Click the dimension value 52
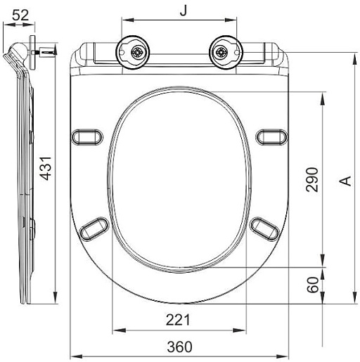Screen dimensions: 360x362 click(20, 15)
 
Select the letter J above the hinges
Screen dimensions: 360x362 click(184, 10)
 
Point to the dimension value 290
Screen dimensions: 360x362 click(312, 180)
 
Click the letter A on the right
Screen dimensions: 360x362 click(346, 181)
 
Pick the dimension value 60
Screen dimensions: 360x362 click(313, 285)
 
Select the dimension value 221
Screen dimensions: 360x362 click(178, 320)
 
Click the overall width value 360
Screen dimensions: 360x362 click(179, 347)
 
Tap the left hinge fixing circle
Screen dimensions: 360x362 click(132, 53)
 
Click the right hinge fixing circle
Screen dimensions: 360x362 click(226, 53)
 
